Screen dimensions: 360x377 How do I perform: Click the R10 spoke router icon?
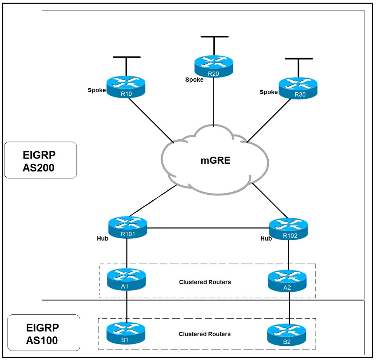point(126,87)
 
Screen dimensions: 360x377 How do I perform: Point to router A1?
point(126,279)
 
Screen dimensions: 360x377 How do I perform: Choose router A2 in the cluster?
point(288,281)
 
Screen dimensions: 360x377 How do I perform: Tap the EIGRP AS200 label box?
point(40,160)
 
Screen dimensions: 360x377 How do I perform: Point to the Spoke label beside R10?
point(97,90)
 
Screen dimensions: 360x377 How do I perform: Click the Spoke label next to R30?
point(268,92)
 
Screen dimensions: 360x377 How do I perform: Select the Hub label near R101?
point(103,238)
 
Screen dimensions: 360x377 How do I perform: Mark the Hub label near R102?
point(266,238)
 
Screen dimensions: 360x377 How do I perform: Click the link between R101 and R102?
point(207,228)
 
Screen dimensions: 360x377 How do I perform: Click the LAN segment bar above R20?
point(215,37)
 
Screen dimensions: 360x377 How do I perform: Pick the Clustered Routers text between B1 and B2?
point(205,334)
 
